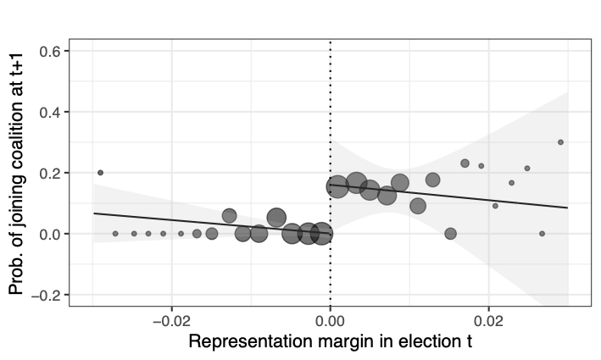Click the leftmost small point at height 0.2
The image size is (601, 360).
[x=100, y=173]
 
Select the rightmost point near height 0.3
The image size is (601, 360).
[x=560, y=142]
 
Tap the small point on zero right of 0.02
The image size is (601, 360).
[x=542, y=234]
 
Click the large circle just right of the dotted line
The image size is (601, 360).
[x=337, y=187]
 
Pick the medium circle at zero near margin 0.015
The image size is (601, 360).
[x=450, y=234]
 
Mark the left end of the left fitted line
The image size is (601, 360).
[x=93, y=213]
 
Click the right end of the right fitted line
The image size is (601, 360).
[x=567, y=208]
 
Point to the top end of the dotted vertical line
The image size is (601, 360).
[x=331, y=39]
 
